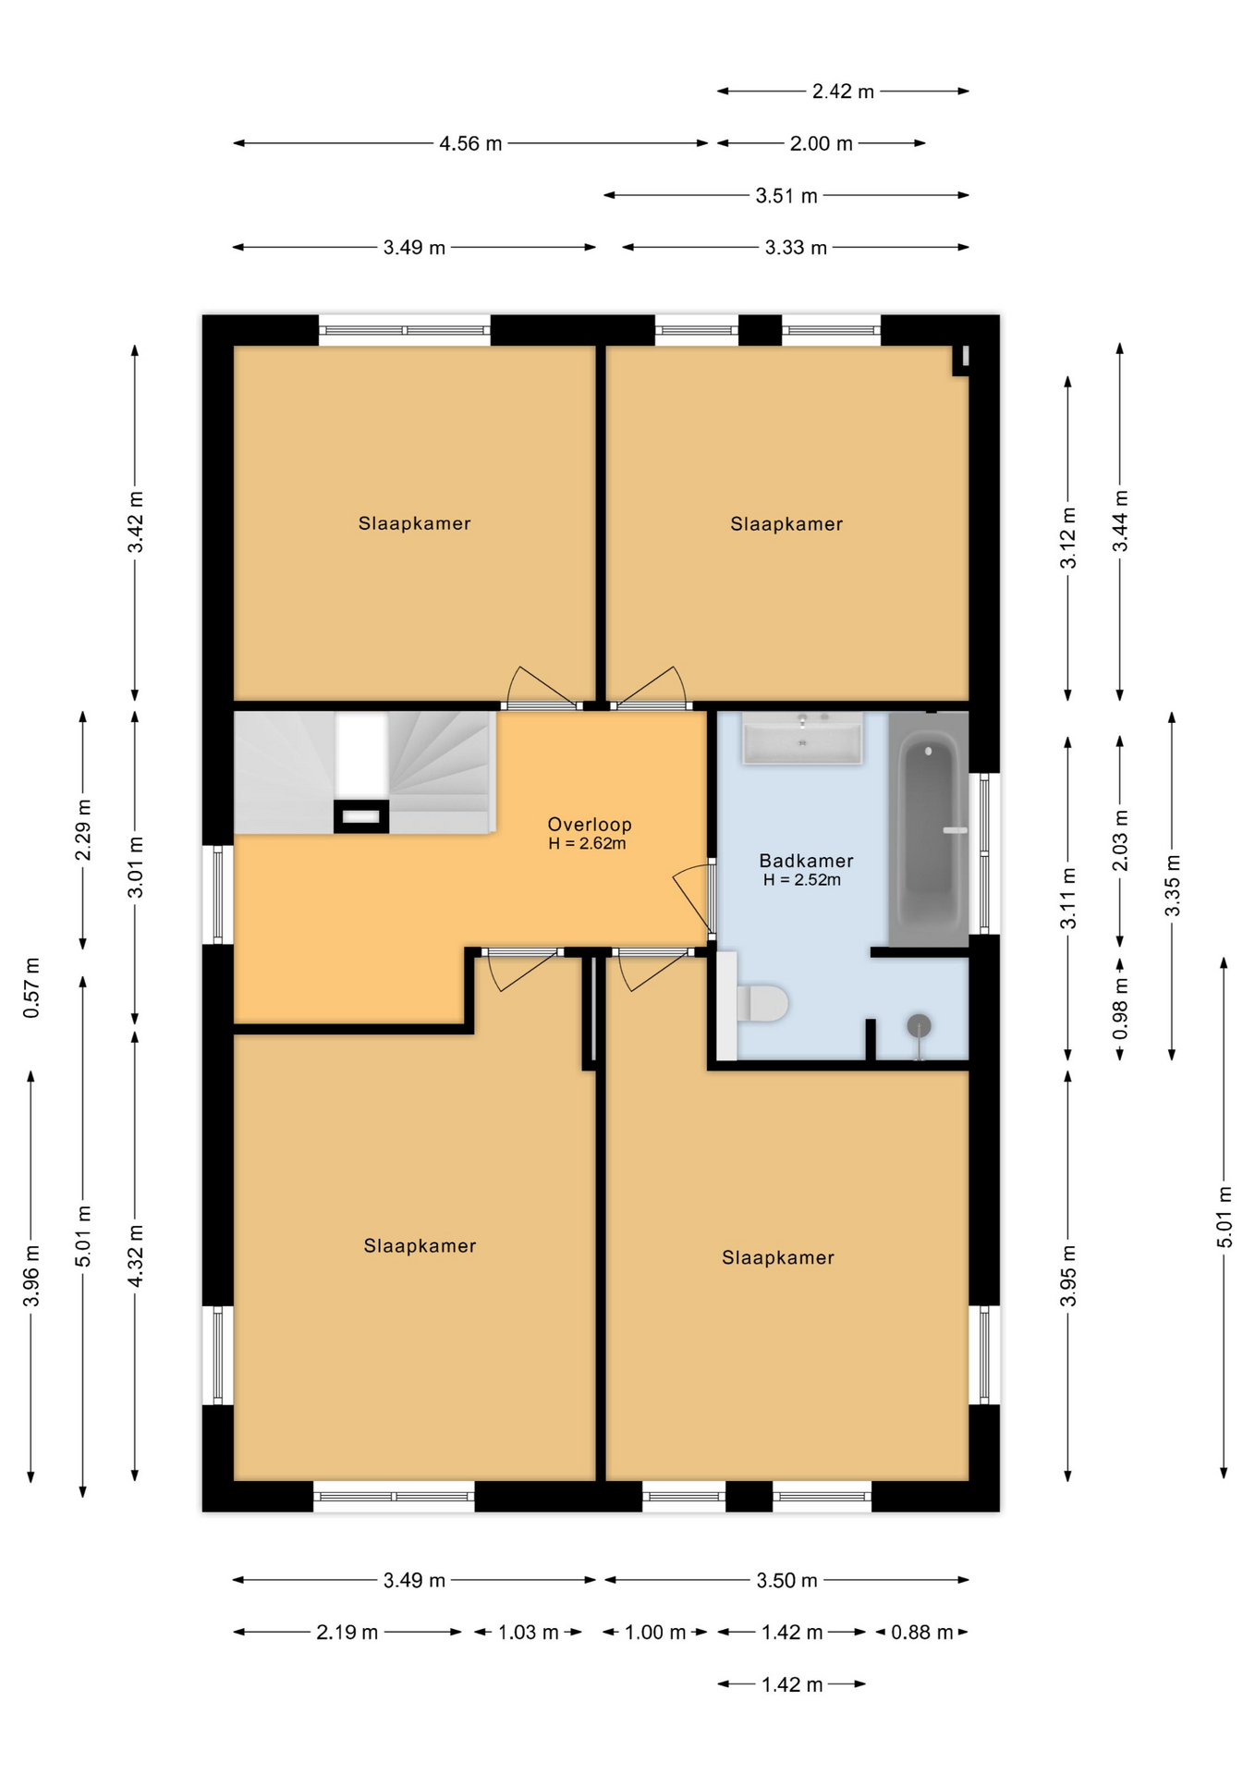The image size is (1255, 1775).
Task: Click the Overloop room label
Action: [589, 824]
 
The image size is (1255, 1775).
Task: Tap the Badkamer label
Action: [806, 861]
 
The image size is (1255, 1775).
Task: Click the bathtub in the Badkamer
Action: [928, 828]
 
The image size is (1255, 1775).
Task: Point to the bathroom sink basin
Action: [803, 738]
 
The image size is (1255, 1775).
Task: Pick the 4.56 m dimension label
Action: [470, 143]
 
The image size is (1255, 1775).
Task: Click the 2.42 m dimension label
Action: [843, 92]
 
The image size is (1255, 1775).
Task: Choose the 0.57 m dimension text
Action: [32, 988]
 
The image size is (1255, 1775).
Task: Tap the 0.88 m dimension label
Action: [921, 1633]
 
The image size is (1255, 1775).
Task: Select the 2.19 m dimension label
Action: [347, 1633]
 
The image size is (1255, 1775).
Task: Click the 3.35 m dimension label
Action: [1172, 886]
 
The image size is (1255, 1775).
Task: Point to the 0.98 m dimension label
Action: [1120, 1008]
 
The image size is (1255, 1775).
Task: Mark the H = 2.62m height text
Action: [587, 843]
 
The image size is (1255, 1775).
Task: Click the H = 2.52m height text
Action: [802, 880]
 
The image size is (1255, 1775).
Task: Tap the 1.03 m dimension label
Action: [528, 1633]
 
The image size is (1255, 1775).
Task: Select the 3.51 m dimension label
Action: [786, 196]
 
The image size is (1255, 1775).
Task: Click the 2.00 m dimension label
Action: [821, 143]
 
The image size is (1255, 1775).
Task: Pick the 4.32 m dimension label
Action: [136, 1255]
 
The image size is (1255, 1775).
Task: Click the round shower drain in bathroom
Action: [919, 1025]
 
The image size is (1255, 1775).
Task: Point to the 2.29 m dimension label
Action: [84, 829]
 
